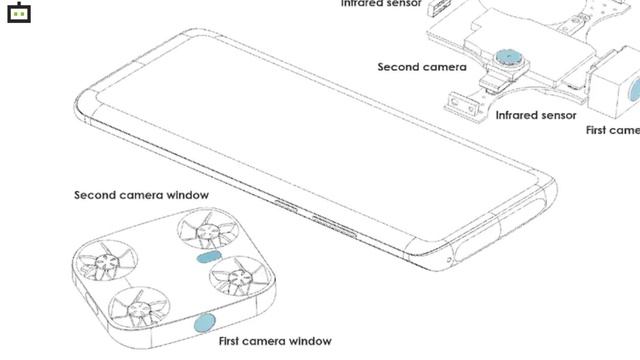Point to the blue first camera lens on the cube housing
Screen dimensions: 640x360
point(634,93)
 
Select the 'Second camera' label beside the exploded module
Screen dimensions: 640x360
point(421,67)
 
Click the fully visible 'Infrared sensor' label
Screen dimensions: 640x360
point(536,115)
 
